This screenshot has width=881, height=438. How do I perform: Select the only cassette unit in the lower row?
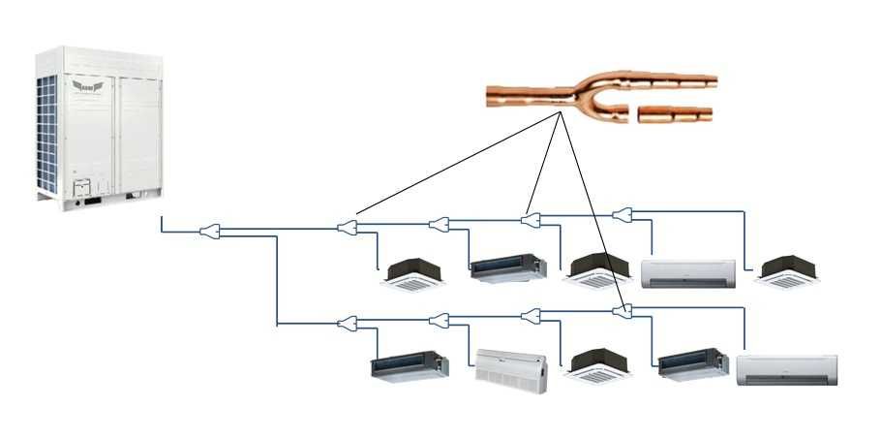(597, 364)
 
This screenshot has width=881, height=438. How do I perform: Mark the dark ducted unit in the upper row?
(501, 266)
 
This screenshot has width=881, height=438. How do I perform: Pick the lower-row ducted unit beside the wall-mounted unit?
(691, 365)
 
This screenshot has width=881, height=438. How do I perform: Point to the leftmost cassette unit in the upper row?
(414, 274)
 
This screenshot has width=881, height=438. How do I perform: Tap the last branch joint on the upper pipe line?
(623, 214)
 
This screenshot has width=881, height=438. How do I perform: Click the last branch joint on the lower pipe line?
(623, 311)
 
